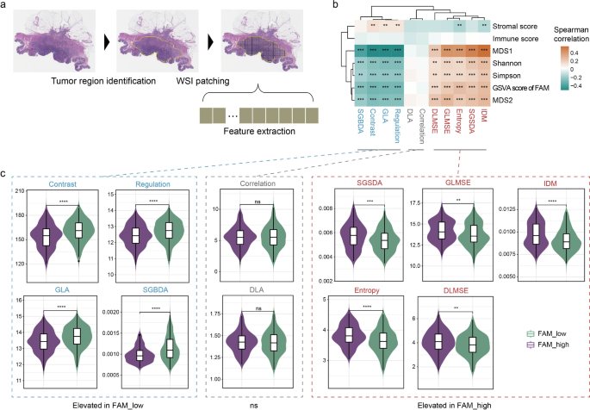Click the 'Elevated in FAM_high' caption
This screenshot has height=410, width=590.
coord(451,401)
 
